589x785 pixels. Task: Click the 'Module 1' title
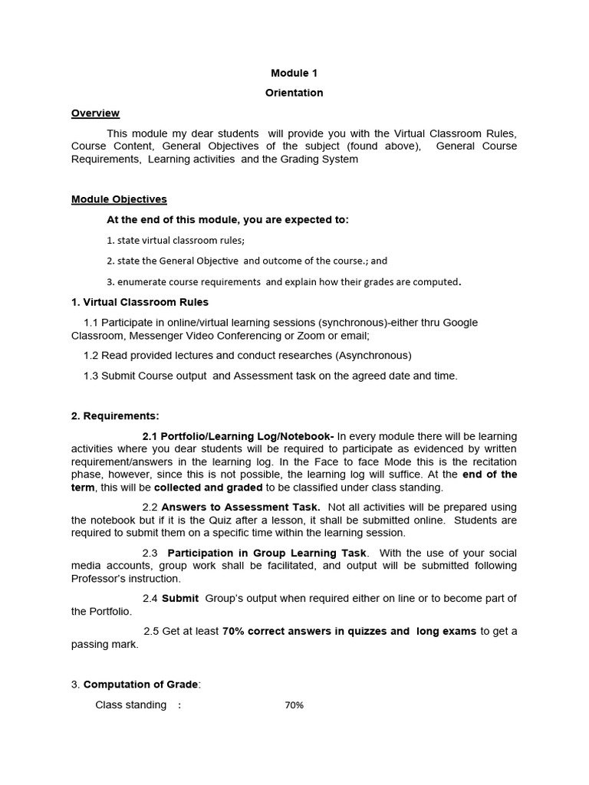pos(294,73)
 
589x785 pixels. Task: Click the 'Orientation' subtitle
pos(294,93)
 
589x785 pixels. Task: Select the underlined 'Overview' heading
pos(95,113)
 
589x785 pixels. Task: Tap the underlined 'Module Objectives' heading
pos(119,199)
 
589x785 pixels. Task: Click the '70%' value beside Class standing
pos(294,705)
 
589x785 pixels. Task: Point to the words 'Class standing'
pos(130,705)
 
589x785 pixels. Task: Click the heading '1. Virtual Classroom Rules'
pos(140,302)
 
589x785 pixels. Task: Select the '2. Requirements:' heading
pos(115,416)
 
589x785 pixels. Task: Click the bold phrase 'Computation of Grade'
pos(142,685)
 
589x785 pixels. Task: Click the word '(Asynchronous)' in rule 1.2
pos(373,356)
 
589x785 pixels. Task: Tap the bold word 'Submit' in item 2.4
pos(180,599)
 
